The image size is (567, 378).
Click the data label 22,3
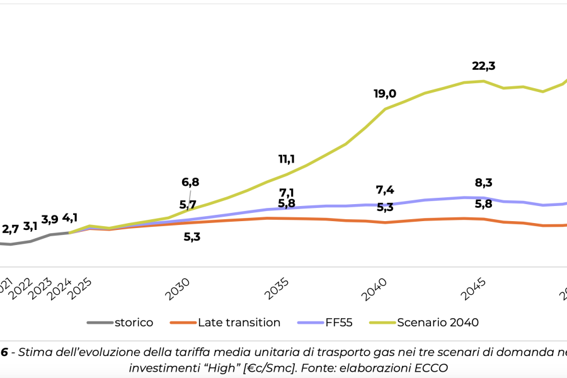pyautogui.click(x=484, y=66)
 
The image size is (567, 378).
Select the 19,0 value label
pyautogui.click(x=385, y=94)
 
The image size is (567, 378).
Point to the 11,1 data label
pyautogui.click(x=287, y=159)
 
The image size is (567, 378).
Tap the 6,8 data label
pyautogui.click(x=190, y=182)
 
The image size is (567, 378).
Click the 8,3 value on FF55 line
pyautogui.click(x=484, y=183)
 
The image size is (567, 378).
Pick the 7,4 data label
pyautogui.click(x=385, y=190)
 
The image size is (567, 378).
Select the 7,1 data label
pyautogui.click(x=287, y=193)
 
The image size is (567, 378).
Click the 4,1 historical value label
pyautogui.click(x=70, y=218)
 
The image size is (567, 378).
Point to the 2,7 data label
pyautogui.click(x=10, y=229)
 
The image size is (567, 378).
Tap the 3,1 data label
pyautogui.click(x=30, y=226)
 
